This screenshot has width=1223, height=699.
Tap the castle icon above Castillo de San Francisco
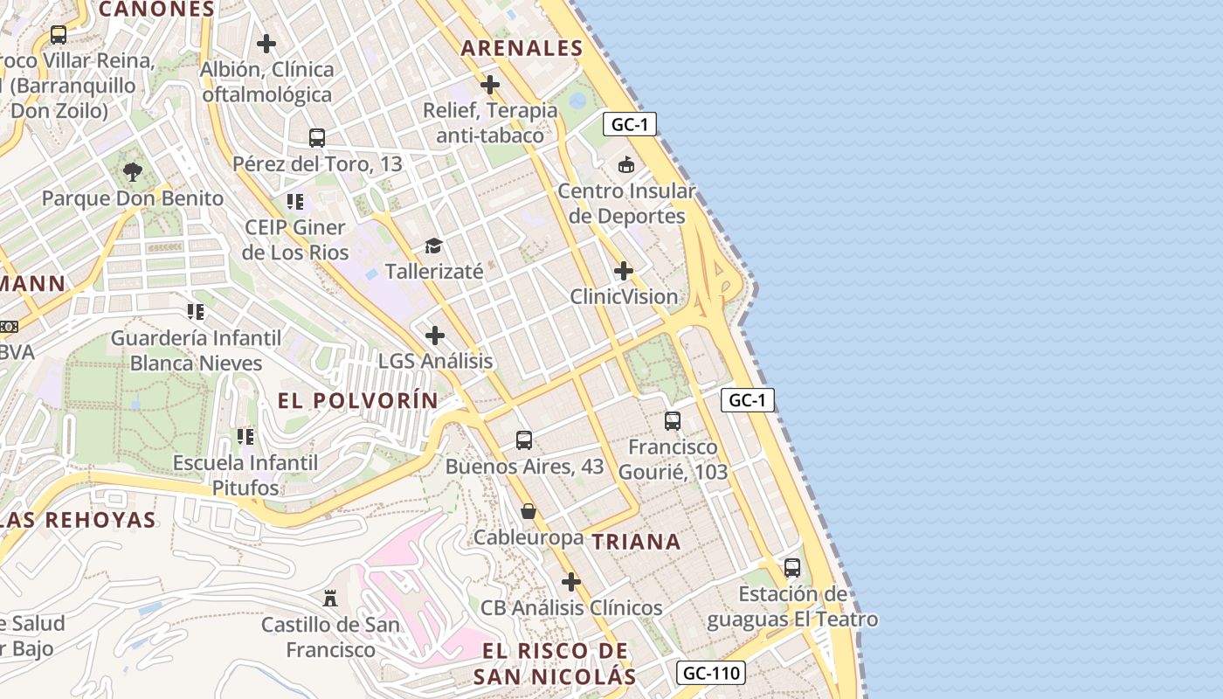point(330,599)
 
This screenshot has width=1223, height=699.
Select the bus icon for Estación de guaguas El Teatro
point(792,568)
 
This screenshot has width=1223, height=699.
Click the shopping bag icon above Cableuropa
point(529,511)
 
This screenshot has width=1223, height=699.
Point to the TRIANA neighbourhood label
point(637,542)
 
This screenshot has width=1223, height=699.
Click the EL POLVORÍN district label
point(358,400)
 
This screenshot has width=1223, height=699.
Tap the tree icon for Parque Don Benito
point(133,172)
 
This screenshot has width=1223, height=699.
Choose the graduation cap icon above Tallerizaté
point(434,246)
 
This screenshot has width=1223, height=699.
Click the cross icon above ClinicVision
point(624,271)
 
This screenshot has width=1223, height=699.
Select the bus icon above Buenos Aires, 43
point(524,440)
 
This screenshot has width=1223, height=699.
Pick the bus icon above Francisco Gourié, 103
point(673,421)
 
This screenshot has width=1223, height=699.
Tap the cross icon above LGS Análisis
point(435,336)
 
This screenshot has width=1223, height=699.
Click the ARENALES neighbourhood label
point(522,48)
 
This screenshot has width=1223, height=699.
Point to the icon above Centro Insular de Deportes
point(626,164)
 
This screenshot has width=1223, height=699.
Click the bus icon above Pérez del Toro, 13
point(317,137)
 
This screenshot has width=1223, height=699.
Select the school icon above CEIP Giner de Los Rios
point(295,202)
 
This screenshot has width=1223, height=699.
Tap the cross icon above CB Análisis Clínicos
point(571,582)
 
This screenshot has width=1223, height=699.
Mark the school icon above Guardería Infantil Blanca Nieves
point(196,312)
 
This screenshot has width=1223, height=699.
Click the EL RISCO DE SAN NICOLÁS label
point(555,663)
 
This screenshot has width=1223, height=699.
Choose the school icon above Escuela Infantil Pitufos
point(245,436)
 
